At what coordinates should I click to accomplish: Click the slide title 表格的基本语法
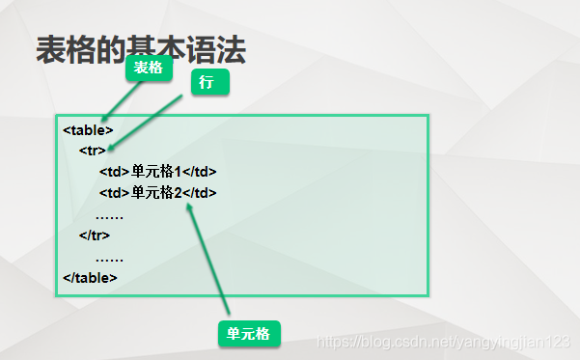click(x=140, y=50)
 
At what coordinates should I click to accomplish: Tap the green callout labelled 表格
click(x=148, y=68)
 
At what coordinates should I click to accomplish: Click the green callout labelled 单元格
click(x=248, y=334)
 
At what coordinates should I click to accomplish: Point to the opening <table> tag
click(x=88, y=129)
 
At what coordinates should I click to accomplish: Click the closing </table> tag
click(x=90, y=277)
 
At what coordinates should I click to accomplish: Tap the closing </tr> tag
click(x=95, y=235)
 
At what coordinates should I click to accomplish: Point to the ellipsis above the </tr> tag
click(x=109, y=215)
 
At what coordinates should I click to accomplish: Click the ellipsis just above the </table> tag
click(x=109, y=258)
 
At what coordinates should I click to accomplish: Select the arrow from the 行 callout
click(x=145, y=123)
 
